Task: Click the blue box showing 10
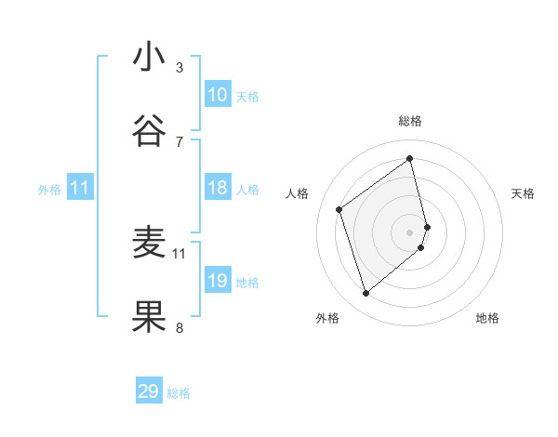218,95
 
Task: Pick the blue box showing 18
218,188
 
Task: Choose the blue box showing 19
218,281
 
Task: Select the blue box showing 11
80,188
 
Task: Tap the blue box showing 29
149,391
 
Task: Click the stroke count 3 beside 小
179,67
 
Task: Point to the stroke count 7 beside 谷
179,141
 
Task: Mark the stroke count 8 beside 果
179,327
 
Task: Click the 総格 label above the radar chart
410,121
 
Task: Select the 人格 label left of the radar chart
298,193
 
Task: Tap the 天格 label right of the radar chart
523,193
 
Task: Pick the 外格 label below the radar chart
327,319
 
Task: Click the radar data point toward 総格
410,158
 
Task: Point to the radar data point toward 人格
339,209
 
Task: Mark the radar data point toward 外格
365,294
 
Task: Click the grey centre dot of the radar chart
410,232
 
